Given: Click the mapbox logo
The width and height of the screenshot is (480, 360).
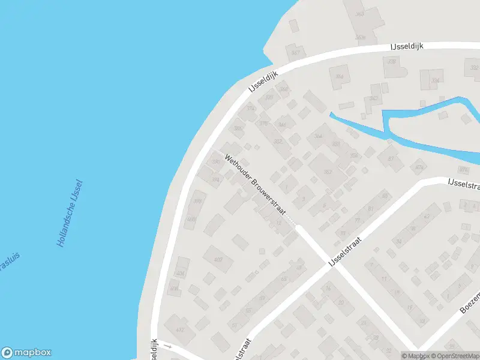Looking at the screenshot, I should tap(26, 353).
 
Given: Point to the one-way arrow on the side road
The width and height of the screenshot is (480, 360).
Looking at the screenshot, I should tap(169, 346).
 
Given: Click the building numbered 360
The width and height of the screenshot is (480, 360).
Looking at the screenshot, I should tap(360, 14).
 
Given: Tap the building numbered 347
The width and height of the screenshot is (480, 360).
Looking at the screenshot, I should tap(295, 53).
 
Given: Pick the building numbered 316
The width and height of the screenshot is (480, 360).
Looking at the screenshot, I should tap(340, 76).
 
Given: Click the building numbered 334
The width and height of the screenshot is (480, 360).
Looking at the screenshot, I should tap(434, 80).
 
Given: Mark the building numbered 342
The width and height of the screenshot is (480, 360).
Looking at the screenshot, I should tap(374, 98).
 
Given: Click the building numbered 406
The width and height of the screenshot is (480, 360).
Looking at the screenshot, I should tap(180, 274).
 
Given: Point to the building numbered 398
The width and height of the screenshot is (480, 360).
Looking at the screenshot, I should tap(198, 202).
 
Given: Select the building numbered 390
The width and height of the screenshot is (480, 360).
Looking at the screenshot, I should tap(216, 162).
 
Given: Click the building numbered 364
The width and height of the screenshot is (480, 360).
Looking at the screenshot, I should tap(319, 136).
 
